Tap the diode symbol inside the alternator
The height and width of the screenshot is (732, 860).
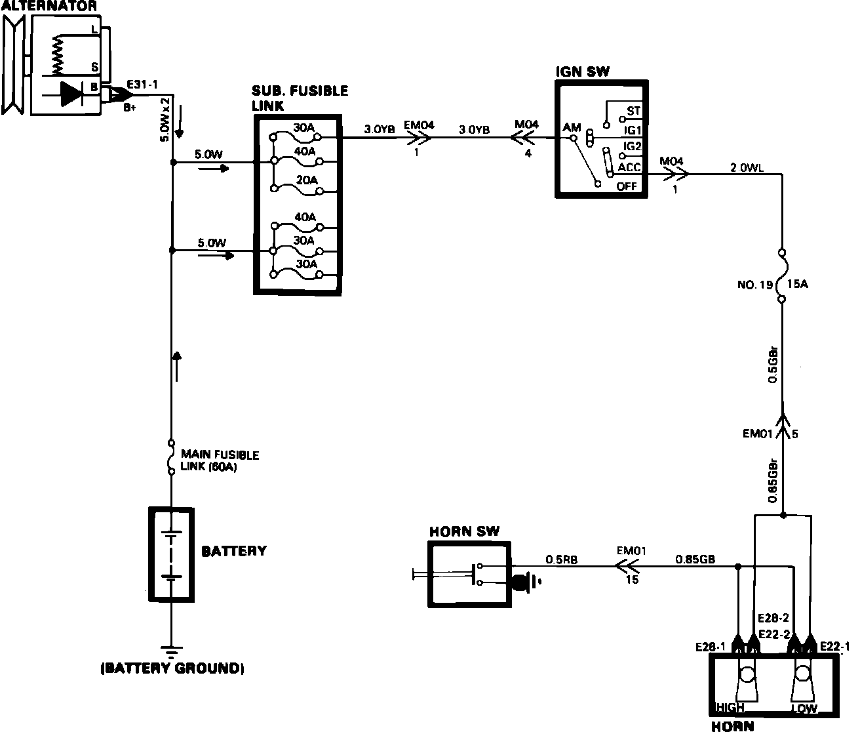(x=70, y=93)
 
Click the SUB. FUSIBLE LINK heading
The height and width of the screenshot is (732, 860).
(x=300, y=98)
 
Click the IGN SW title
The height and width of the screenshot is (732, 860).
(x=582, y=71)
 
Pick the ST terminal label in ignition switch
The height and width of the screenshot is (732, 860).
(x=633, y=112)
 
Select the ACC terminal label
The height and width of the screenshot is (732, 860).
(x=629, y=168)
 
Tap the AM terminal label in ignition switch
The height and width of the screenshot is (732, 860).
(x=572, y=127)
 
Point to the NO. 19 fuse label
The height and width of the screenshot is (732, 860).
(x=755, y=285)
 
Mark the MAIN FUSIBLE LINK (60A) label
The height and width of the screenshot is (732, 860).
(x=220, y=461)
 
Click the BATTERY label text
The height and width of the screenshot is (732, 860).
(x=234, y=551)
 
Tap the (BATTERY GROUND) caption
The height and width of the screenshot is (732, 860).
(x=172, y=669)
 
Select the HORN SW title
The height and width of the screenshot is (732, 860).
(x=464, y=531)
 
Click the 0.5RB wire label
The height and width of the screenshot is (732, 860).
(x=561, y=560)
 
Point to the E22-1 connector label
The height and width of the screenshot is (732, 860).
(x=834, y=646)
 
